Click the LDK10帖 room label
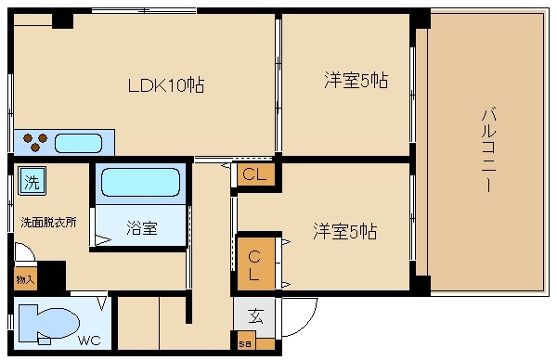tap(165, 86)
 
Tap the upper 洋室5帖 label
tap(355, 81)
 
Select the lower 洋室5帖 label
tap(343, 229)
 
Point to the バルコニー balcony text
tap(486, 148)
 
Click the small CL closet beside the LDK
tap(254, 174)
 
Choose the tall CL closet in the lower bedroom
tap(254, 262)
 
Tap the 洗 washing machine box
tap(32, 182)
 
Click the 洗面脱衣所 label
tap(48, 223)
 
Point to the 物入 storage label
tap(24, 278)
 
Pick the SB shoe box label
tap(245, 344)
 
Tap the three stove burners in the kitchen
tap(35, 143)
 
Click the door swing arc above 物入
tap(25, 253)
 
